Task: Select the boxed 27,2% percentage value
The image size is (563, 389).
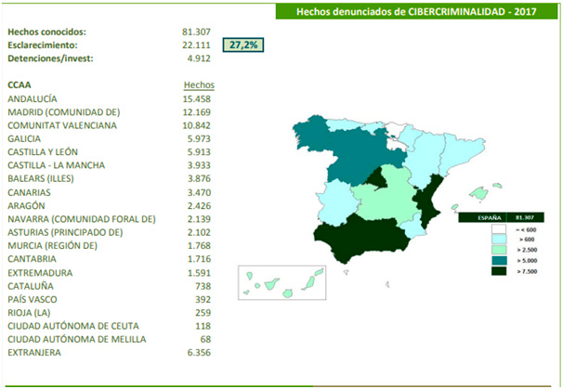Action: [x=243, y=45]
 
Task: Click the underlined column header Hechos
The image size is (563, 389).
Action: [x=200, y=84]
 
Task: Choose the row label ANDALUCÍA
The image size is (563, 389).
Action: [x=33, y=98]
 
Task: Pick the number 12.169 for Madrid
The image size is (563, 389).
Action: [x=198, y=111]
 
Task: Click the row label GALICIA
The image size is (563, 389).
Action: [x=24, y=138]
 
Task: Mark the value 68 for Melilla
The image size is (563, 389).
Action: [x=208, y=340]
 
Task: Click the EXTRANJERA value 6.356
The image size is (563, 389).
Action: [x=201, y=353]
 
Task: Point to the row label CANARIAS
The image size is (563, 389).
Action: [x=28, y=192]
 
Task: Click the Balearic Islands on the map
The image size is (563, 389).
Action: [x=477, y=196]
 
